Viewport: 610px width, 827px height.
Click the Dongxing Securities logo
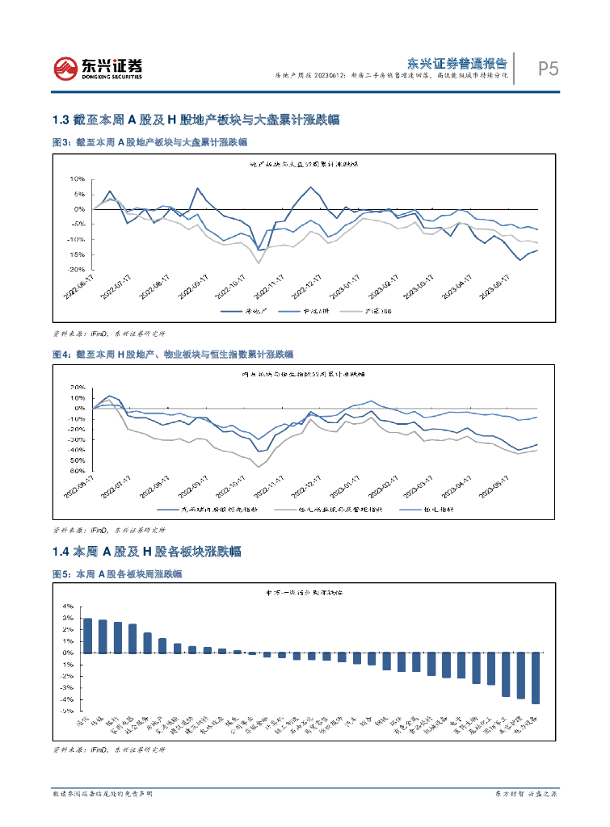coord(98,68)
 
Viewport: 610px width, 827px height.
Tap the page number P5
coord(549,69)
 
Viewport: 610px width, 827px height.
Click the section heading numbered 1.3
coord(194,120)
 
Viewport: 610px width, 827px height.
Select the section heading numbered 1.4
coord(145,552)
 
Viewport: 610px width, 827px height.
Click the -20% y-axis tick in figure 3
coord(78,270)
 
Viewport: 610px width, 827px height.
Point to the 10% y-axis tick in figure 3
coord(78,178)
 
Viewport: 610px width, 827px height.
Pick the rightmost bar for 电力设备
coord(536,678)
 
